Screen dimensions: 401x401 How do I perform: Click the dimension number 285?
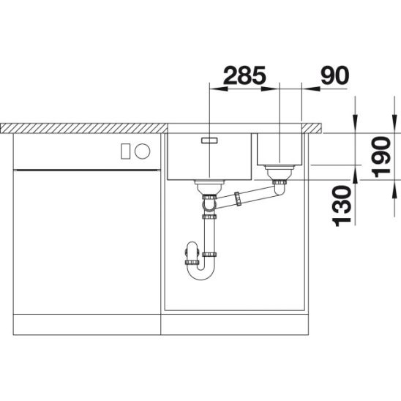tap(244, 75)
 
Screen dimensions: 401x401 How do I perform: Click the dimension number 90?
tap(334, 75)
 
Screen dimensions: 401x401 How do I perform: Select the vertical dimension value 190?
tap(381, 157)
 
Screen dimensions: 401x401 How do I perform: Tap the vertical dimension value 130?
tap(342, 206)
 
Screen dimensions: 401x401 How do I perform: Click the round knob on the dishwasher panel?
tap(143, 151)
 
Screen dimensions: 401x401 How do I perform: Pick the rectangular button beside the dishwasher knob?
tap(125, 151)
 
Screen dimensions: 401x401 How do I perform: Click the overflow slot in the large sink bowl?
tap(209, 140)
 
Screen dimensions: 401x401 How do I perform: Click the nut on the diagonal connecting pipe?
tap(238, 199)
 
